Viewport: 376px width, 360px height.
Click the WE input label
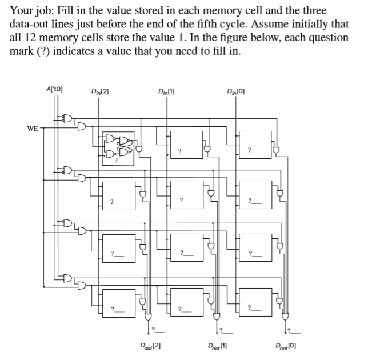[32, 128]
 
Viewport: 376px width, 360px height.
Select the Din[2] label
[101, 90]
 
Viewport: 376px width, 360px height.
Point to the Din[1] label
[169, 90]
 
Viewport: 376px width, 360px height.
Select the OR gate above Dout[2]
[148, 316]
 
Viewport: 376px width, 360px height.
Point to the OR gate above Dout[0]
[285, 316]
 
